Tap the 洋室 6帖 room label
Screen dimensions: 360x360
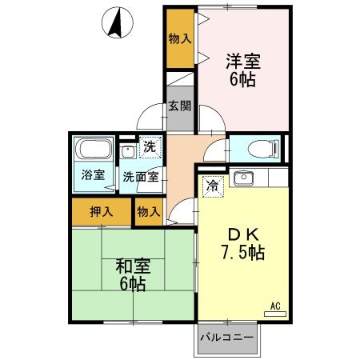(x=242, y=69)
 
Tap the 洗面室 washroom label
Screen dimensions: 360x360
(x=139, y=176)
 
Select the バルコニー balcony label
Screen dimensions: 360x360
(x=227, y=337)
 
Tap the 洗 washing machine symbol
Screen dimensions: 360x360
(x=150, y=146)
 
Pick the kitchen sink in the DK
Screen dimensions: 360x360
(x=244, y=177)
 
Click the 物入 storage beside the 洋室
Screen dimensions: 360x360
(x=180, y=38)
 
